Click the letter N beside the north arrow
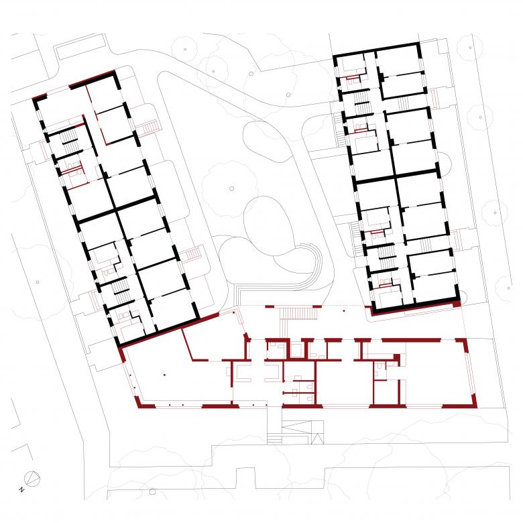pos(21,489)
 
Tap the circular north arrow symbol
pos(33,479)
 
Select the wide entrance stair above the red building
pos(298,314)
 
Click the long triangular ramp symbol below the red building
pos(297,426)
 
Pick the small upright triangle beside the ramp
pos(317,439)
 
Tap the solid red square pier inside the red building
pos(396,357)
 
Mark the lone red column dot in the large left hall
pos(164,375)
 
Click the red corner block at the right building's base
pos(457,304)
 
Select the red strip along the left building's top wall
pos(92,78)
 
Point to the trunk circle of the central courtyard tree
pos(231,189)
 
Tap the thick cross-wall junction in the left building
pos(116,210)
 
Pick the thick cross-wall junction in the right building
pos(396,176)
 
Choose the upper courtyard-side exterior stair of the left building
pos(148,128)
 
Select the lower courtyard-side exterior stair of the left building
pos(191,255)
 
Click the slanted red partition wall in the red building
pos(187,345)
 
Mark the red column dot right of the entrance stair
pos(344,311)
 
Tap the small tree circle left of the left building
pos(38,282)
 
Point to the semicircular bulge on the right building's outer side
pos(445,164)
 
